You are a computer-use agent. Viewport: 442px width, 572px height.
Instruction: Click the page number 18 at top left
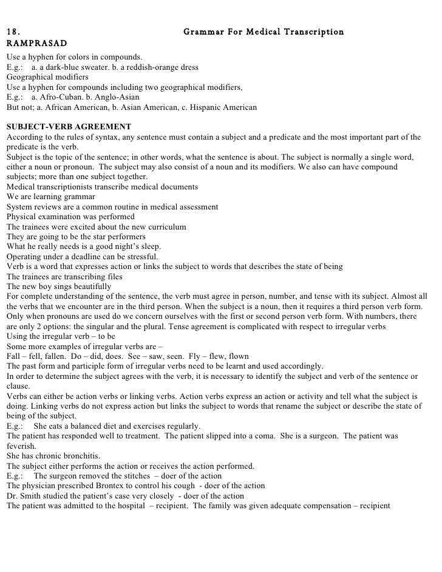pos(12,32)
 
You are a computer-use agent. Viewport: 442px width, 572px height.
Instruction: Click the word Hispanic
pos(209,107)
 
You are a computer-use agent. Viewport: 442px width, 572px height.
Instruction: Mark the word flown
pos(234,356)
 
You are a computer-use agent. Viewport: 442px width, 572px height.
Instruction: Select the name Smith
pos(29,495)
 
